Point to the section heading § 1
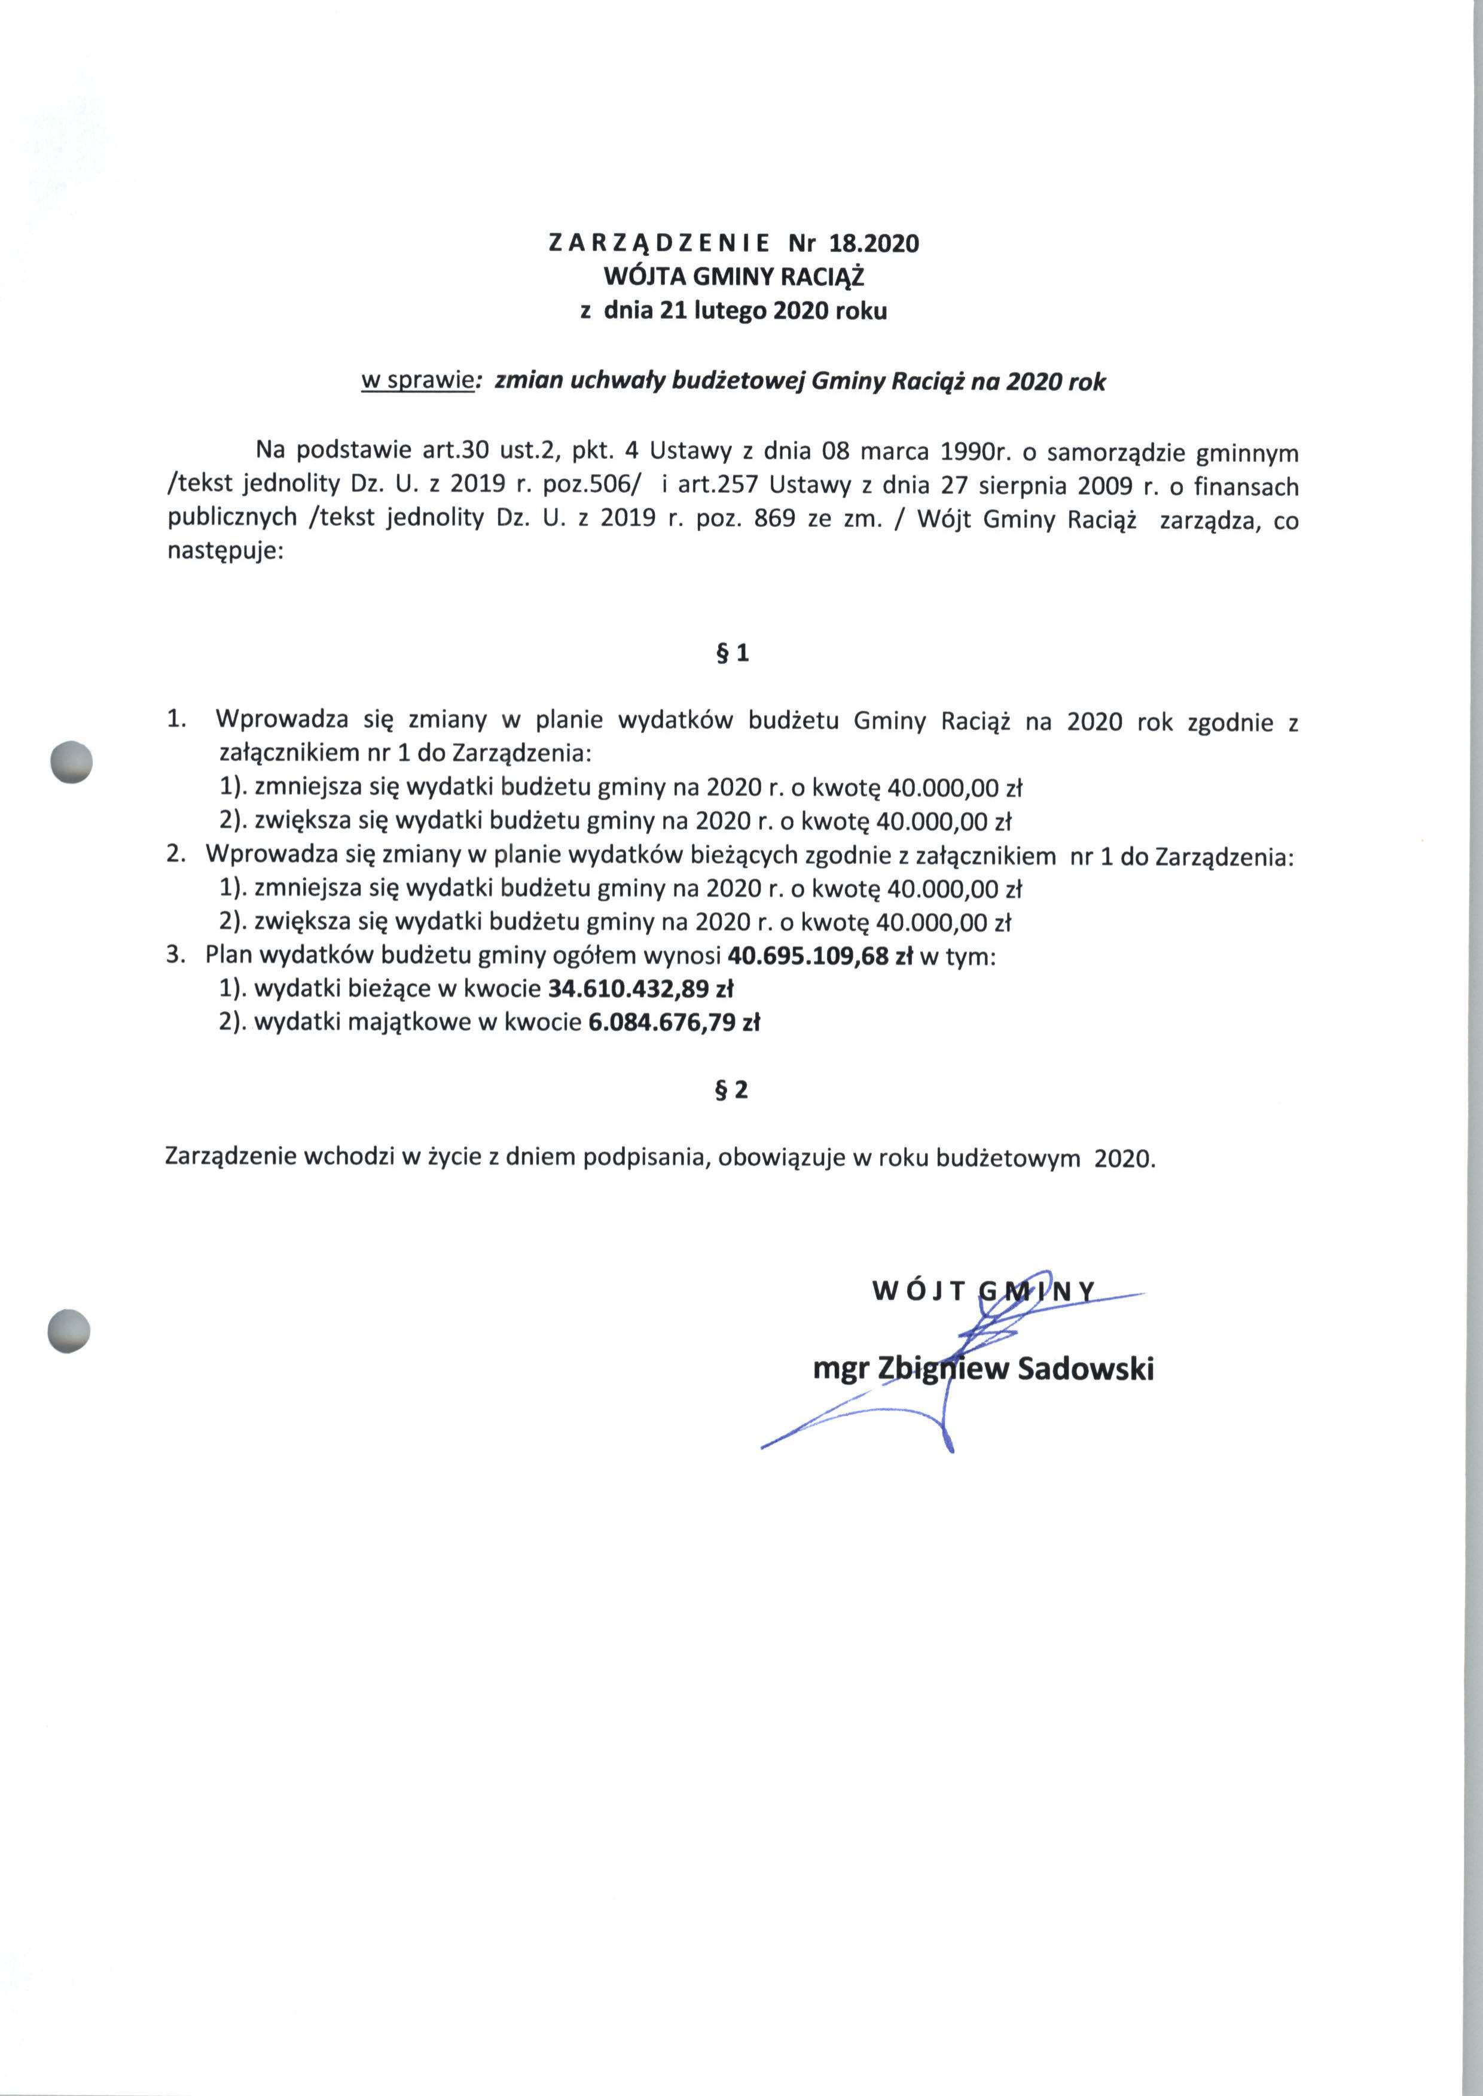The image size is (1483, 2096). click(x=735, y=654)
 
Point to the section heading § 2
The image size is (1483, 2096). click(x=735, y=1089)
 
